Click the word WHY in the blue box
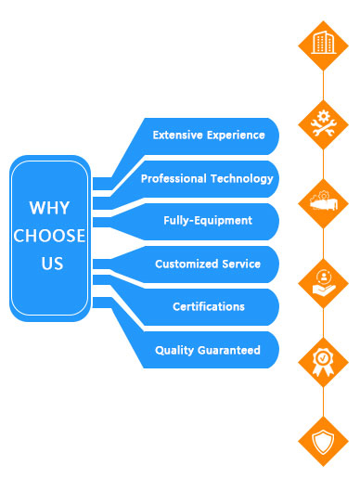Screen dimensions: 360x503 (x=49, y=208)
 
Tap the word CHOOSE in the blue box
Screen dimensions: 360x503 (x=49, y=236)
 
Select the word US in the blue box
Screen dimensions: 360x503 (x=52, y=264)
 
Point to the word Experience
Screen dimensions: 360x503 (x=236, y=135)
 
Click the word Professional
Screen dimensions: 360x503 (x=174, y=178)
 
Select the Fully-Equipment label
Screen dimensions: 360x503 (x=208, y=221)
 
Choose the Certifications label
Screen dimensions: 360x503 (x=209, y=306)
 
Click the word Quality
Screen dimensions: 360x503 (x=174, y=350)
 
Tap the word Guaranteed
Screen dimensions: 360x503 (x=229, y=350)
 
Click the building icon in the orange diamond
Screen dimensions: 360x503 (x=324, y=43)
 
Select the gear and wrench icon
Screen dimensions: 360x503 (x=323, y=123)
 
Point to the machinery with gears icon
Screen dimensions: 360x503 (x=324, y=201)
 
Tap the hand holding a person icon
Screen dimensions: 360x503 (x=324, y=283)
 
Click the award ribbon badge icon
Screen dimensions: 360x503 (x=323, y=362)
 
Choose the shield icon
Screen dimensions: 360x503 (x=323, y=442)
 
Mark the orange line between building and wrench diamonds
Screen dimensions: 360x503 (x=324, y=85)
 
